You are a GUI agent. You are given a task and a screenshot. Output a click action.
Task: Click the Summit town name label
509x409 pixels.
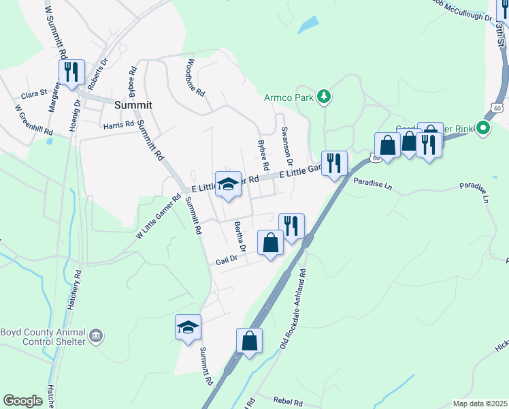133,105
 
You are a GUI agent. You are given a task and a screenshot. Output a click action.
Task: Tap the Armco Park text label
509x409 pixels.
289,97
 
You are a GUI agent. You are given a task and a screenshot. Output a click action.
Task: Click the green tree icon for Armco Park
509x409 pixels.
325,97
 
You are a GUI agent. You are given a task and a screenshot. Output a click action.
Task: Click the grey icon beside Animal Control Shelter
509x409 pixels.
96,335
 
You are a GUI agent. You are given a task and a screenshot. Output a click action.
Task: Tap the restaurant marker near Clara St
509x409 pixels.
71,71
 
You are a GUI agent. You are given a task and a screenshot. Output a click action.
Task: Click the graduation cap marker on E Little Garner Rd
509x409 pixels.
229,184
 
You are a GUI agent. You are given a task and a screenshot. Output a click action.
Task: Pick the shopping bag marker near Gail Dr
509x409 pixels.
270,243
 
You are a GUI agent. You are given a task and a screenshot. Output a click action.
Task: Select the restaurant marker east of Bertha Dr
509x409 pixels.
291,226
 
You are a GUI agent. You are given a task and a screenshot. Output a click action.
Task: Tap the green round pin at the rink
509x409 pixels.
483,127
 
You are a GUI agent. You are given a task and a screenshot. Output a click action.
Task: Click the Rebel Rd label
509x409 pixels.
286,402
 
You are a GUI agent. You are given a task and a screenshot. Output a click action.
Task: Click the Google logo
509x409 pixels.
22,401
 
